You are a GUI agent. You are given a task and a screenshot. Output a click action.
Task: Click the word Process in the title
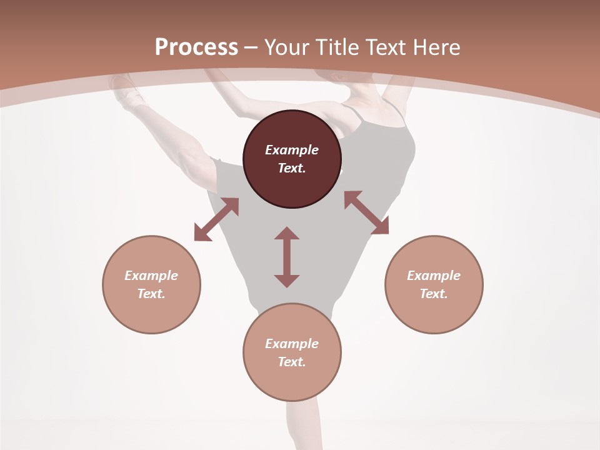point(196,47)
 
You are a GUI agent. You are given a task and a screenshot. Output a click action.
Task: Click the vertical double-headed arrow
point(287,257)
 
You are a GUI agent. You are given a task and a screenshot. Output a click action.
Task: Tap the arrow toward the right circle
point(366,212)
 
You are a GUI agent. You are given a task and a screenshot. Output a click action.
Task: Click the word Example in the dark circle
point(292,150)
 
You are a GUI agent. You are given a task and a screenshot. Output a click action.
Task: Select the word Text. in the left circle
point(151,294)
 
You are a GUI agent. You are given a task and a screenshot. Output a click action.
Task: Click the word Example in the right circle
point(434,276)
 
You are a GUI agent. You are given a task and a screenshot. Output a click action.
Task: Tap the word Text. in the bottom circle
point(292,362)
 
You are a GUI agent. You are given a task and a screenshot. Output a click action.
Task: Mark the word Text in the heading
point(387,47)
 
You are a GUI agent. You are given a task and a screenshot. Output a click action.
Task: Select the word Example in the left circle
point(151,276)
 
